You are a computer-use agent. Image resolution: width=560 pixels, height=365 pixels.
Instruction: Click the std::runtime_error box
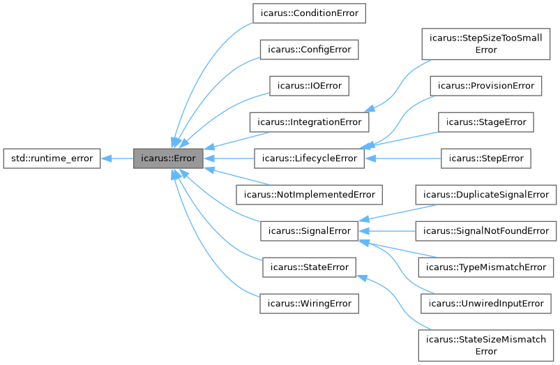pos(52,158)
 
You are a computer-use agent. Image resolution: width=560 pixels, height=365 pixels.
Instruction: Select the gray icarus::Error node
pos(169,158)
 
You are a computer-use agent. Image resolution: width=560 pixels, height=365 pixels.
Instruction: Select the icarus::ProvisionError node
pos(486,86)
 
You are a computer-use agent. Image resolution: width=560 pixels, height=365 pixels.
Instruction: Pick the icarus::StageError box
pos(486,122)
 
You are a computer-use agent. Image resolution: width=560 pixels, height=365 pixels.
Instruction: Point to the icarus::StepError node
pos(486,158)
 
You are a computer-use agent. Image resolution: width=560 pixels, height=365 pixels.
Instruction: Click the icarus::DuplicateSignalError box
pos(486,195)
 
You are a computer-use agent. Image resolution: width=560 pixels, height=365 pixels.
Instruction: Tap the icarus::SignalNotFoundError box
pos(486,231)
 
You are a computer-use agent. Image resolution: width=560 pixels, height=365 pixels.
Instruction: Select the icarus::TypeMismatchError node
pos(486,267)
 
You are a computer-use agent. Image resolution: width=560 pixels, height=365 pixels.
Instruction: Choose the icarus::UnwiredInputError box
pos(486,304)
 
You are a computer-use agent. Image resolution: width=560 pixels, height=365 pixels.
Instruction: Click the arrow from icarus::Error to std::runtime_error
pos(117,158)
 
